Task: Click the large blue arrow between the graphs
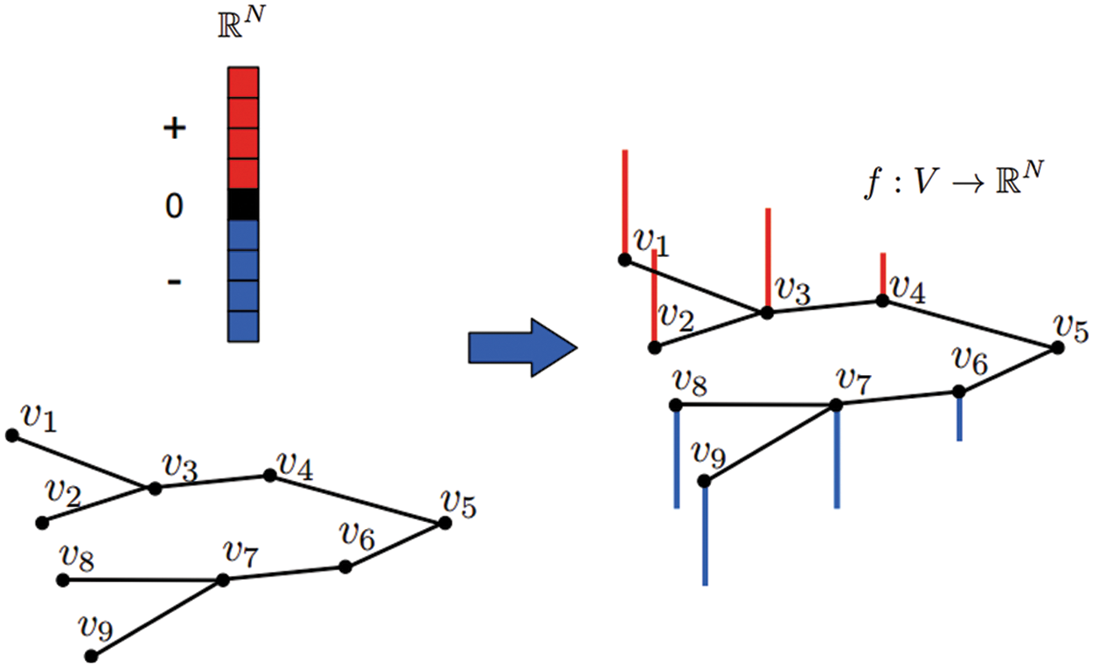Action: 522,346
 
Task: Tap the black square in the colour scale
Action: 243,204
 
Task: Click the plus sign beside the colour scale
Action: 175,129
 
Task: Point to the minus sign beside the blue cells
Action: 174,282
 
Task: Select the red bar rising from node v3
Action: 767,259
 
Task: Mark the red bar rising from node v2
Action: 654,297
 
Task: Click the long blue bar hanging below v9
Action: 705,532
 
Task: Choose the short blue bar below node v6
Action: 959,417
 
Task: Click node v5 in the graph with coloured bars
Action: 1057,348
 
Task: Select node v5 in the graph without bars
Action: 444,523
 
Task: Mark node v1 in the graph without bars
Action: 11,435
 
